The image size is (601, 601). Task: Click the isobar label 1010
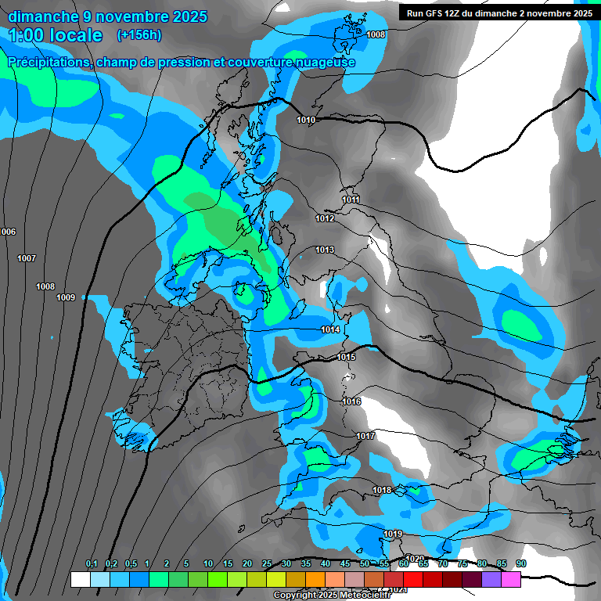point(306,120)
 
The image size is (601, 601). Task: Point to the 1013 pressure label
point(325,250)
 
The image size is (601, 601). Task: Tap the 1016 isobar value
point(351,401)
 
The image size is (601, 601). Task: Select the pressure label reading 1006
point(8,232)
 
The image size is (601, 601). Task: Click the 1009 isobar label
point(66,297)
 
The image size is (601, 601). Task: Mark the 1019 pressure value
point(393,534)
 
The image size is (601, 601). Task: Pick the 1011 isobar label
point(351,200)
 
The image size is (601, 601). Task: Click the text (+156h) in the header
point(139,34)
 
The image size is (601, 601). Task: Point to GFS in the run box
point(433,13)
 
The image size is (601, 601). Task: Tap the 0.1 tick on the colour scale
point(92,563)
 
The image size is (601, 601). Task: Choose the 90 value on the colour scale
point(521,563)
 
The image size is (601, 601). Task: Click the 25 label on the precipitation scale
point(267,563)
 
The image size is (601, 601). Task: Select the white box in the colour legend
point(80,579)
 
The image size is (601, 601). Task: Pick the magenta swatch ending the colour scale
point(511,579)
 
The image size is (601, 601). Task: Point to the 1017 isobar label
point(365,435)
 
